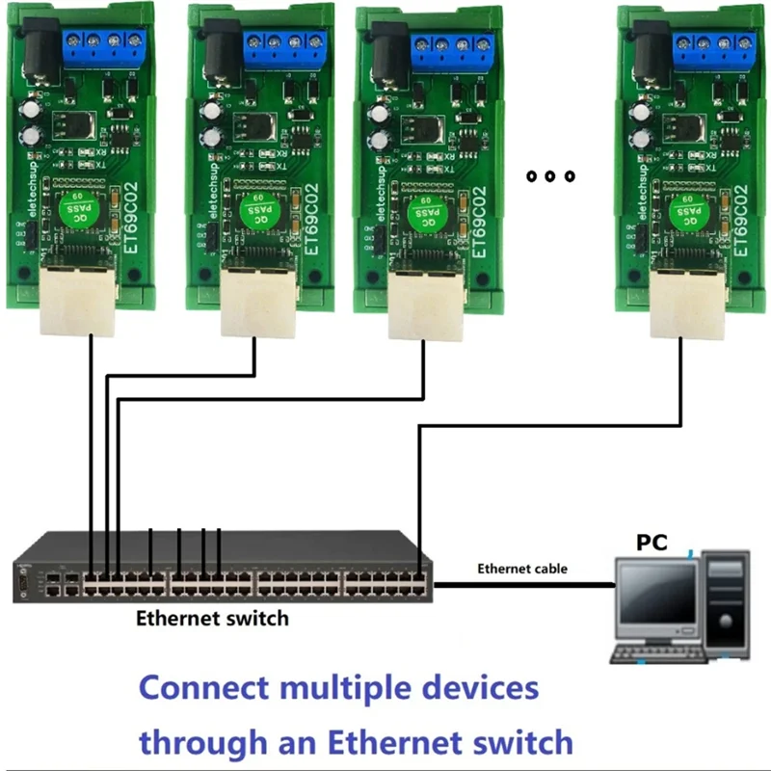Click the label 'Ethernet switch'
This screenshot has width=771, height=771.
point(212,618)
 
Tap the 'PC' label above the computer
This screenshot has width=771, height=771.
point(651,543)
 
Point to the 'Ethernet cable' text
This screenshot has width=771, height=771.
point(522,569)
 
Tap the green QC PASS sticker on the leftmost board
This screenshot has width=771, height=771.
point(76,210)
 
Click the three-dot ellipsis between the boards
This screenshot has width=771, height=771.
point(550,176)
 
